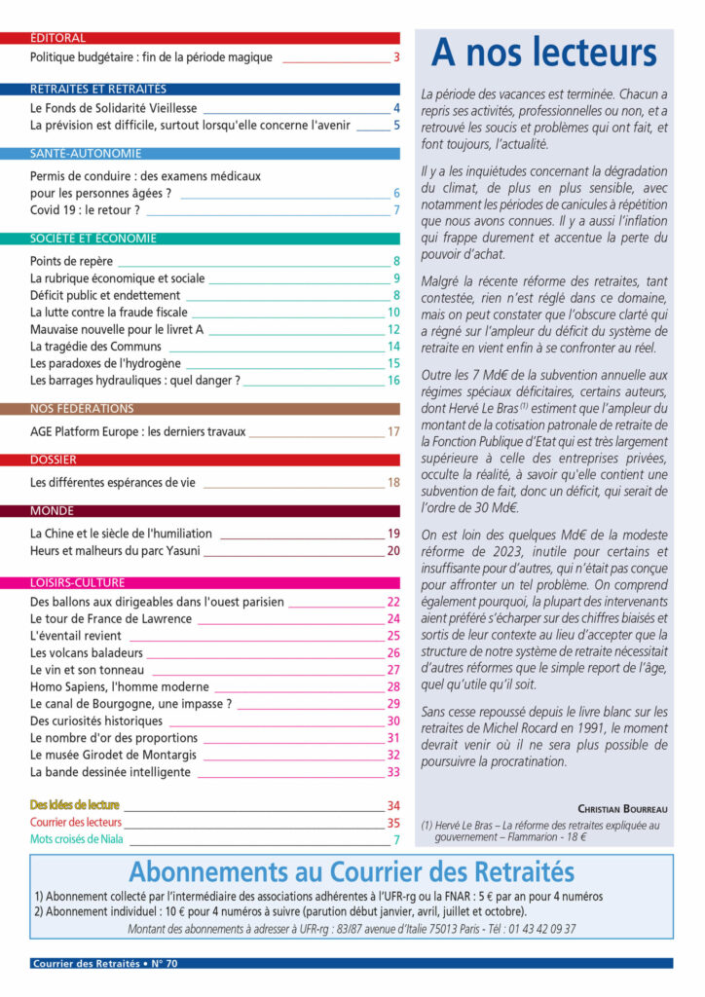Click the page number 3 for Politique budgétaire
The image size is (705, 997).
[x=396, y=57]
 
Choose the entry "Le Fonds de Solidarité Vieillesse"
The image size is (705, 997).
[x=113, y=109]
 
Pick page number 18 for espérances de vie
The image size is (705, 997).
[x=394, y=482]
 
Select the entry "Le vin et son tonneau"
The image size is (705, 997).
[x=87, y=670]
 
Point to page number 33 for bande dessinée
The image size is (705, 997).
[x=394, y=772]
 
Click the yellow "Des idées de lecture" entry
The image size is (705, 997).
[x=75, y=805]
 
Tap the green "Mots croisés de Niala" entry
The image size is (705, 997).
[x=78, y=838]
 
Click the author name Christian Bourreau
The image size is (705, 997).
[x=622, y=808]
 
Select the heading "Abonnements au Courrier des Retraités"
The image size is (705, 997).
[x=352, y=871]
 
